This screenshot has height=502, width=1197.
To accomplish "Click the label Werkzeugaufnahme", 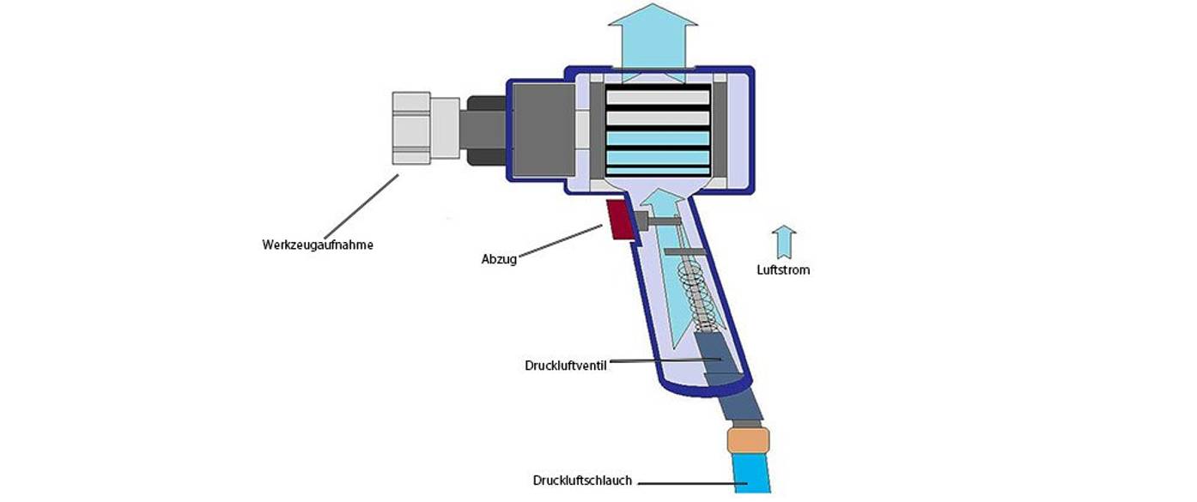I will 318,245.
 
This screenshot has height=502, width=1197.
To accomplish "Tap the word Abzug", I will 499,259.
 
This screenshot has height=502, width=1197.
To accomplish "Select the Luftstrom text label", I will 783,269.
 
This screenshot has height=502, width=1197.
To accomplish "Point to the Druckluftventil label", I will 565,365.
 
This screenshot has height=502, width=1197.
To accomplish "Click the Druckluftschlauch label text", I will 582,481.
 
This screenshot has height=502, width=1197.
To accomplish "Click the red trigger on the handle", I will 618,220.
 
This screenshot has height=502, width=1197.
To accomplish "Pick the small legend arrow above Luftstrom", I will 783,242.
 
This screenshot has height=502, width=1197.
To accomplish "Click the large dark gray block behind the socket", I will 541,129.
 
